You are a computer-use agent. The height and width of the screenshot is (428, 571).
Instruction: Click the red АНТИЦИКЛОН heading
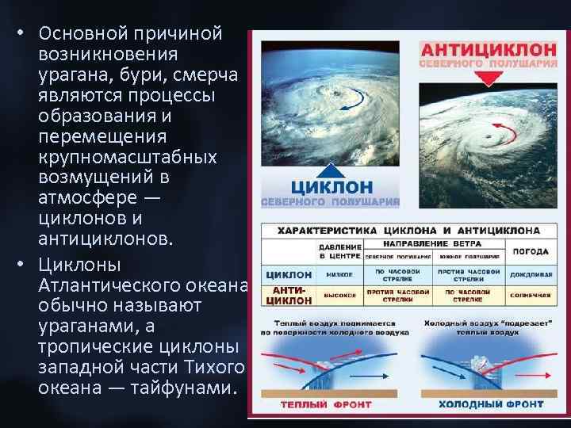[488, 48]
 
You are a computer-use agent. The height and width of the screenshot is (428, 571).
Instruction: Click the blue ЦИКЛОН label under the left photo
[331, 187]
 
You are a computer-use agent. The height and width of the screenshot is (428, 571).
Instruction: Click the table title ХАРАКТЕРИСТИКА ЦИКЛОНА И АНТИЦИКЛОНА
[408, 231]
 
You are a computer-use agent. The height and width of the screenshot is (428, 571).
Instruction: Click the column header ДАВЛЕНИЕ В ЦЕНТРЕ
[341, 250]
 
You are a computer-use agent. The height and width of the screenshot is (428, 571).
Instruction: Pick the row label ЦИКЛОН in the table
[289, 275]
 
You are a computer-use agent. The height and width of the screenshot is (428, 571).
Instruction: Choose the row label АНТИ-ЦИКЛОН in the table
[289, 296]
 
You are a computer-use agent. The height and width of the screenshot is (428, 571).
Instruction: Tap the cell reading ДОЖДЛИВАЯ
[531, 275]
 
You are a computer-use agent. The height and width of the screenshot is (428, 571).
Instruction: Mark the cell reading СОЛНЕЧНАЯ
[531, 296]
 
